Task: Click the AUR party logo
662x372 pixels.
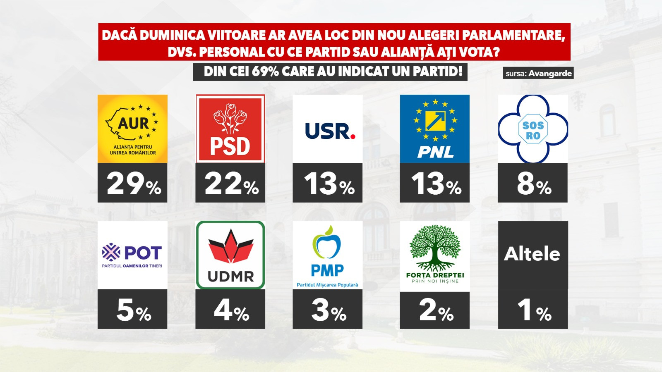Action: coord(132,129)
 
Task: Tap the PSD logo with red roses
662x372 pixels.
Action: coord(230,129)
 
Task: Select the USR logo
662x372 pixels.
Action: coord(328,129)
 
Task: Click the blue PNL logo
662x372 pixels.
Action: coord(434,129)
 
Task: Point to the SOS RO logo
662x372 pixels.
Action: coord(533,129)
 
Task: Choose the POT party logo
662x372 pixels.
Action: coord(132,255)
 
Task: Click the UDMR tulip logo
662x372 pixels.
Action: coord(230,255)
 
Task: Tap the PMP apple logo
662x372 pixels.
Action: coord(328,255)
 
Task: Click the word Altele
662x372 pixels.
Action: coord(532,254)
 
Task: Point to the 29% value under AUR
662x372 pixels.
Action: coord(133,184)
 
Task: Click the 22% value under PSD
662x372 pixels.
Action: coord(231,184)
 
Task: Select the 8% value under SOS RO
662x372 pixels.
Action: coord(534,184)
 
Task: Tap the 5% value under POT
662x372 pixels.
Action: coord(133,310)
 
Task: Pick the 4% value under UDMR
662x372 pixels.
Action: coord(231,310)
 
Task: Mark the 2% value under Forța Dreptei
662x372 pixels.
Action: coord(436,310)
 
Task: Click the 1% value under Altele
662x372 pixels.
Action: coord(534,310)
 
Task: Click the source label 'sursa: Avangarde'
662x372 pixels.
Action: coord(539,74)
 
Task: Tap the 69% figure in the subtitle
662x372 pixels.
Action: coord(265,72)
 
